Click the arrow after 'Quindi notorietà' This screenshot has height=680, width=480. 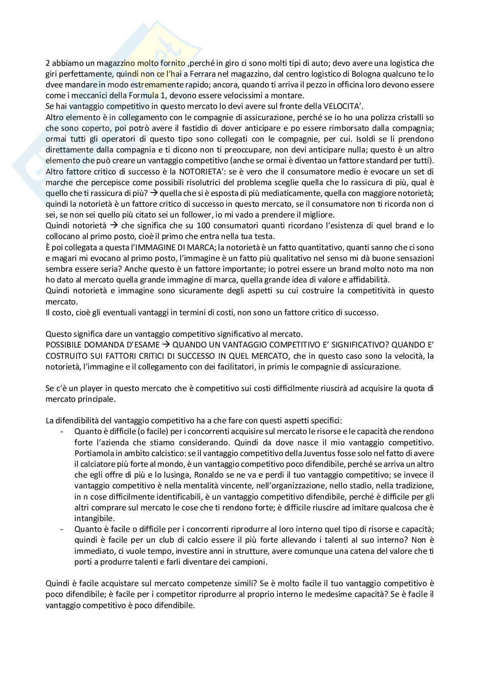[114, 226]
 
